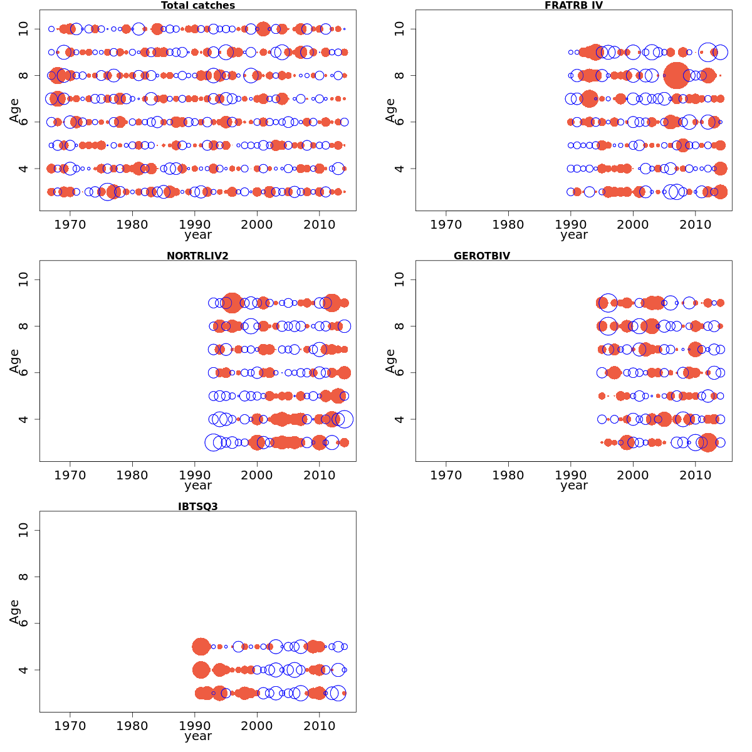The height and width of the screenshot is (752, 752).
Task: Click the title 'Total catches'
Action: click(198, 6)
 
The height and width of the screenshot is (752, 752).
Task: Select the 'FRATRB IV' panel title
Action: click(573, 6)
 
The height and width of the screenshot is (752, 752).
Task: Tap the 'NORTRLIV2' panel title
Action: click(197, 256)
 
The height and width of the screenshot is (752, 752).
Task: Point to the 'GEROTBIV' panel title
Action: click(482, 256)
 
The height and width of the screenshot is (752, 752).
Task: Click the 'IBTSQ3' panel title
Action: click(198, 506)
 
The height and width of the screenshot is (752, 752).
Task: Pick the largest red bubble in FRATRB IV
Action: click(676, 76)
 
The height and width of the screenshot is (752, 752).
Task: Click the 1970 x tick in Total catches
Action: click(70, 224)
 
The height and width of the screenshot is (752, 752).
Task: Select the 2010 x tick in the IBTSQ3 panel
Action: click(320, 726)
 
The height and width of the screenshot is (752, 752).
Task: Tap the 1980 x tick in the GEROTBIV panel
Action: click(508, 475)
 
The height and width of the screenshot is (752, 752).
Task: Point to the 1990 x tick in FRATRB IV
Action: click(571, 224)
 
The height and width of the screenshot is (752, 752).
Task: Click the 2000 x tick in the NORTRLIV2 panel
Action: click(257, 475)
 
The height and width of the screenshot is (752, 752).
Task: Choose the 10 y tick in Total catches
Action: click(24, 29)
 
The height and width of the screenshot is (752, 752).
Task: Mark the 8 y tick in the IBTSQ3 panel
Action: click(24, 577)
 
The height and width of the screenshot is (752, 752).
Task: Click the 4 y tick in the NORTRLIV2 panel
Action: click(24, 419)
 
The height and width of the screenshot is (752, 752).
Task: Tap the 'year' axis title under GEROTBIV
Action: click(574, 486)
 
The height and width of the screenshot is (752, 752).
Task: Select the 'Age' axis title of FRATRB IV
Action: click(390, 110)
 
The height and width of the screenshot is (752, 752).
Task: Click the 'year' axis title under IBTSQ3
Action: click(198, 736)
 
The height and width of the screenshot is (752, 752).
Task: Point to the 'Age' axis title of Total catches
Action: click(14, 110)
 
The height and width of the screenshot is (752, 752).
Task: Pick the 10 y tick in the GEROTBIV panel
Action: click(400, 279)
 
